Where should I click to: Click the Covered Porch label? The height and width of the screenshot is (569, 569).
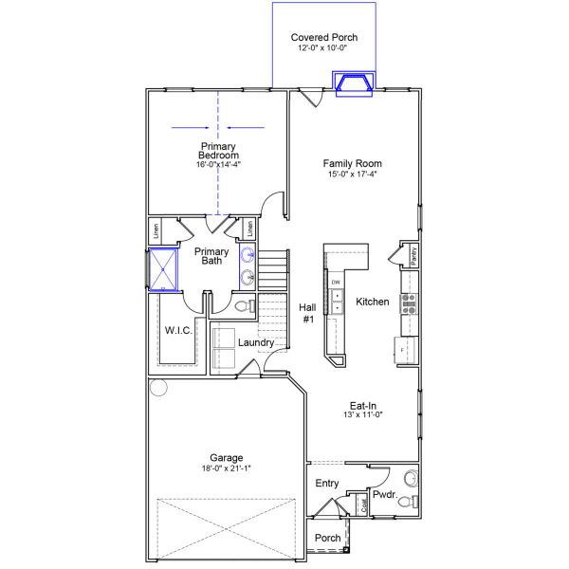324,38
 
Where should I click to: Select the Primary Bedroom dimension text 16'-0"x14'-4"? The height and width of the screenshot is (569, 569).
218,164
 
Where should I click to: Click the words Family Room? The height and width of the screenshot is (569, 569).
352,163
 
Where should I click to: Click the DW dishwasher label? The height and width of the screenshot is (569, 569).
336,283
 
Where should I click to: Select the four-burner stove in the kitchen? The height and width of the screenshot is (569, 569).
410,303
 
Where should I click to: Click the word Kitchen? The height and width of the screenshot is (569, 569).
372,302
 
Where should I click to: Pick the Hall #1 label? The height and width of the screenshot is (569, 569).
307,313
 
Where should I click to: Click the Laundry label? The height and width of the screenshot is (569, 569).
256,342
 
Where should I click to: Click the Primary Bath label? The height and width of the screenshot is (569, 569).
211,256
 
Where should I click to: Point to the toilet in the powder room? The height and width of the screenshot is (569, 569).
406,501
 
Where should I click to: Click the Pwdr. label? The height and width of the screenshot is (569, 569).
383,494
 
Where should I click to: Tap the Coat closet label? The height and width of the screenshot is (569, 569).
363,505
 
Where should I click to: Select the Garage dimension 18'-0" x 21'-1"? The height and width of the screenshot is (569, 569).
226,468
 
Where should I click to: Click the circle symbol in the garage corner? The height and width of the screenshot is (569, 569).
157,387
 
